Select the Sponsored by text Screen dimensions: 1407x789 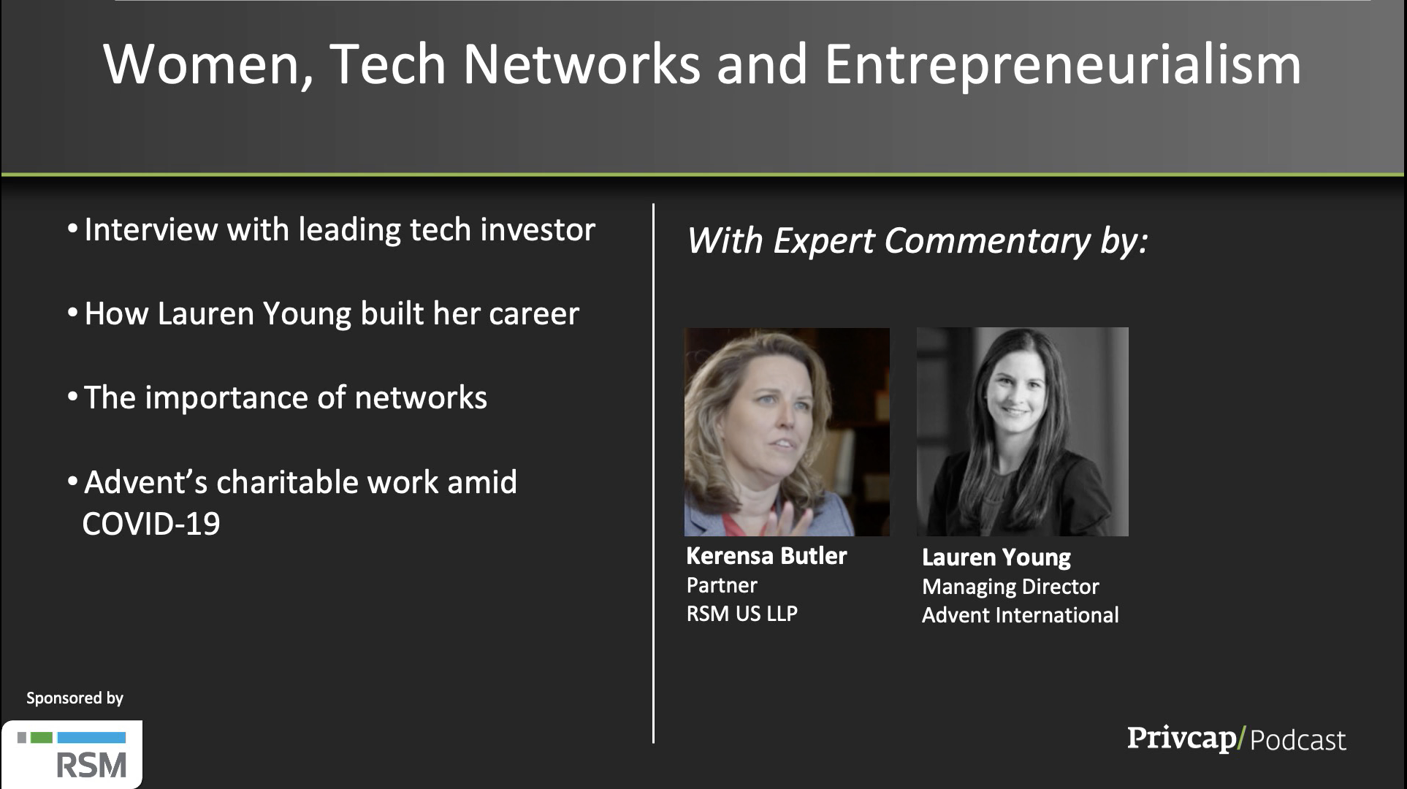coord(75,698)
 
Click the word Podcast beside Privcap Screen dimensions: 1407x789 coord(1298,740)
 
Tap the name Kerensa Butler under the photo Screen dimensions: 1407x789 coord(766,556)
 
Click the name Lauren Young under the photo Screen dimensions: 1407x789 coord(996,557)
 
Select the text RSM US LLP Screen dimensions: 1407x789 coord(742,614)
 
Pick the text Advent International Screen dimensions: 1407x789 coord(1020,615)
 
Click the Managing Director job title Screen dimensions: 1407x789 coord(1010,587)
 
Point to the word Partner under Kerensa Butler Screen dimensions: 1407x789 coord(722,585)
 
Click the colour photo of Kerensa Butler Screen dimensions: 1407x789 coord(787,432)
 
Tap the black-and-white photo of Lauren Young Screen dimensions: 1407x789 coord(1023,432)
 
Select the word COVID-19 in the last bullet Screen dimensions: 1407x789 coord(151,524)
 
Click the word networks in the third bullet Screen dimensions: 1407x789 coord(421,398)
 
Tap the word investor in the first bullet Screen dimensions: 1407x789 coord(538,229)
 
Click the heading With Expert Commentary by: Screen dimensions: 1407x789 coord(918,241)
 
